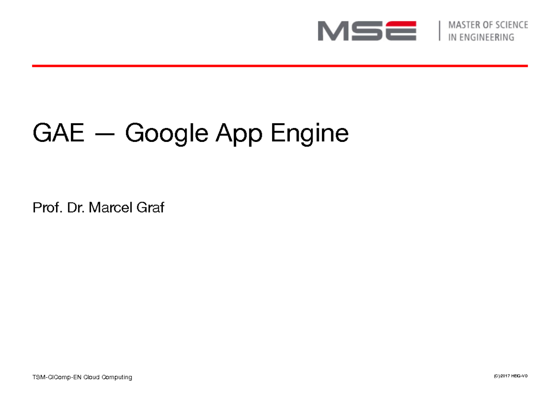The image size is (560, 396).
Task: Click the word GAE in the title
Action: [58, 134]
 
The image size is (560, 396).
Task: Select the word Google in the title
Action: [167, 134]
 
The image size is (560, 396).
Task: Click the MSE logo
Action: [367, 31]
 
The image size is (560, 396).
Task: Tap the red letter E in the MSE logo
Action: [399, 31]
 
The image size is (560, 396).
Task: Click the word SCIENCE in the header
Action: [511, 25]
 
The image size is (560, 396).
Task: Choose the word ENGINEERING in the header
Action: [487, 37]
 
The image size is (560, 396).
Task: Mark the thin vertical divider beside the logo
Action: [439, 31]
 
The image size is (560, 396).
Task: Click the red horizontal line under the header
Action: [280, 66]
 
